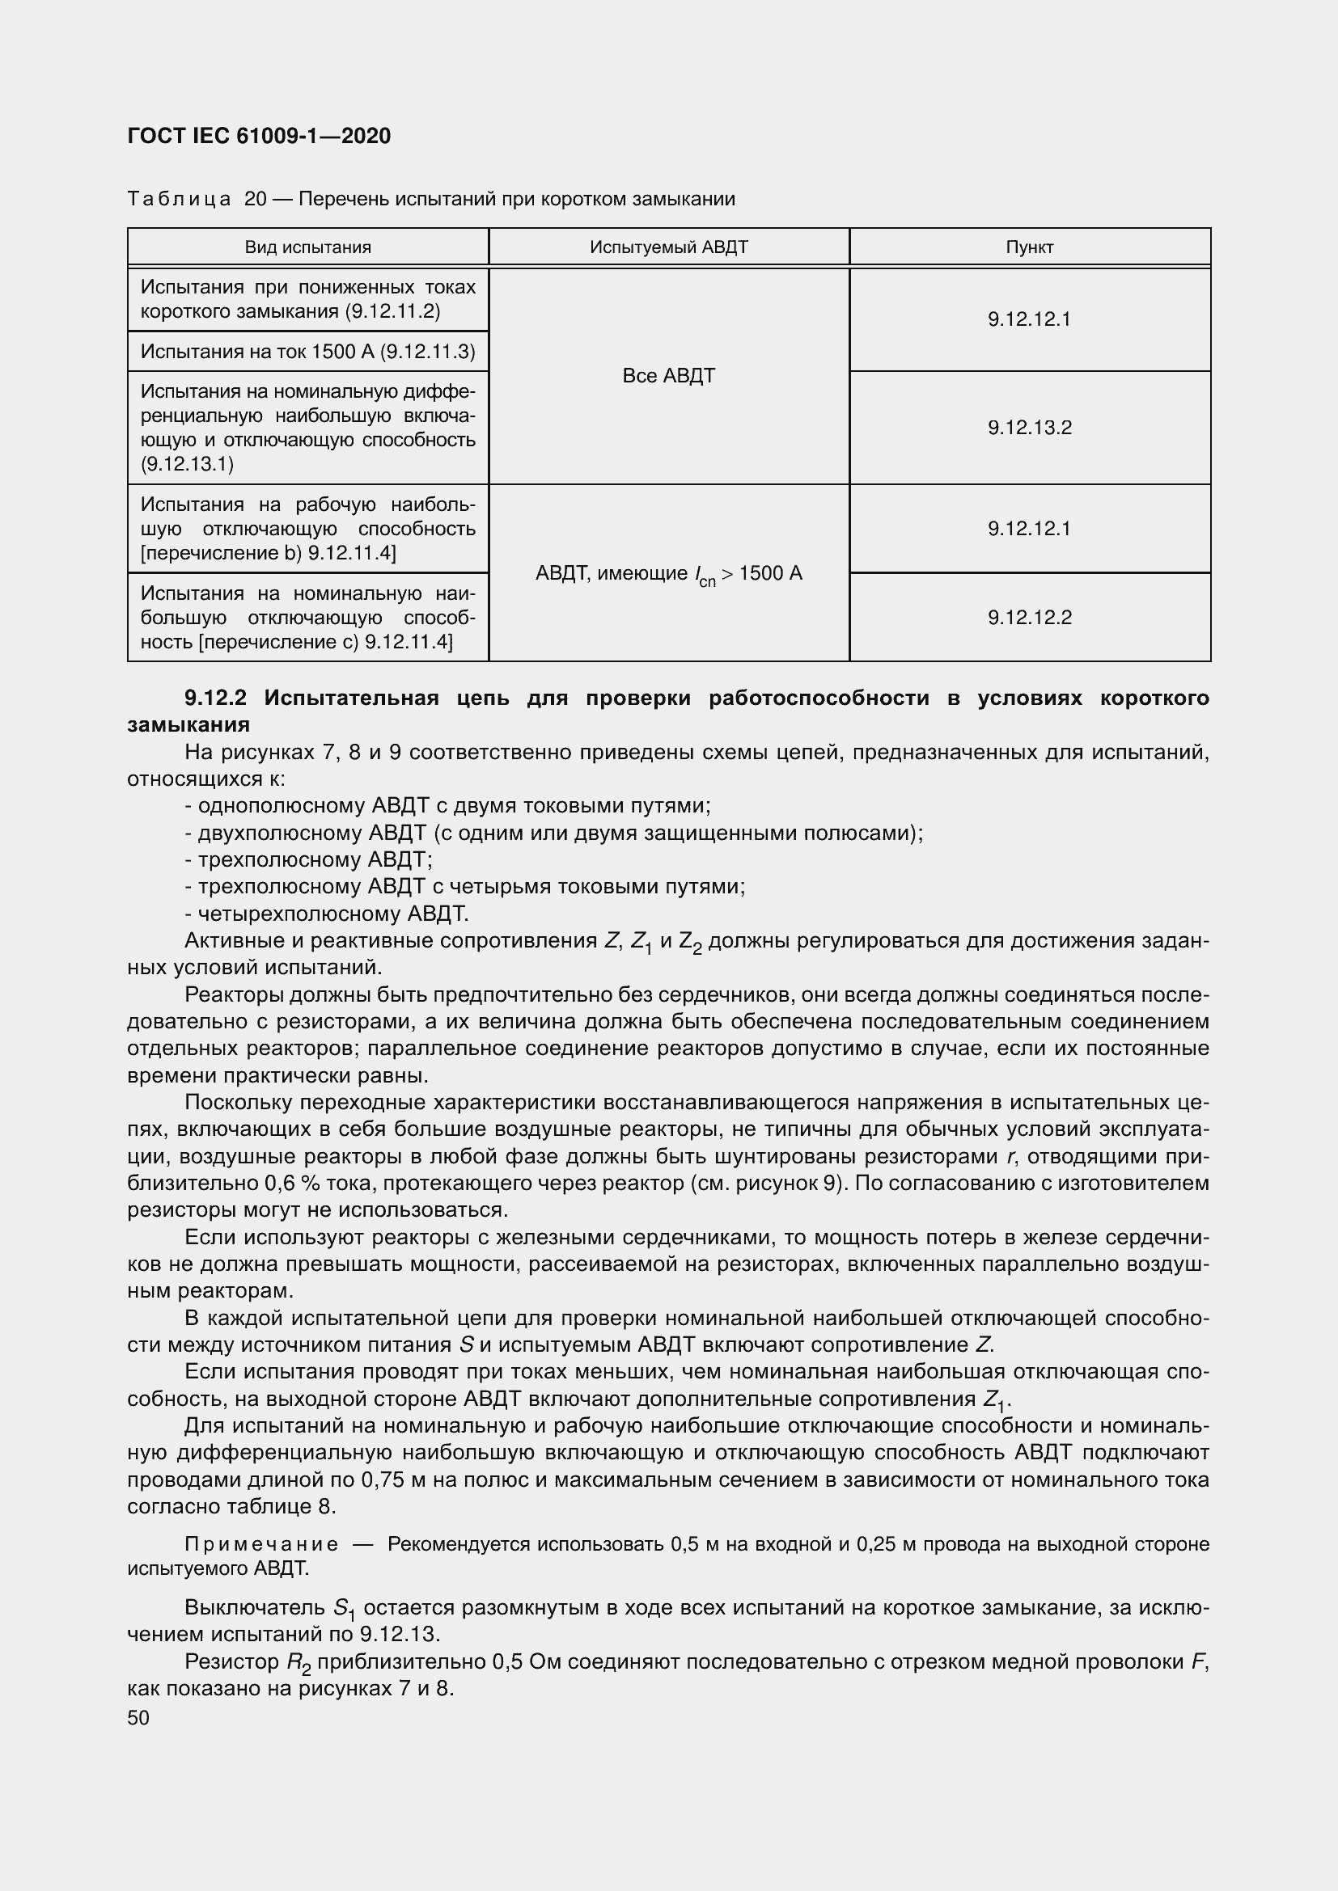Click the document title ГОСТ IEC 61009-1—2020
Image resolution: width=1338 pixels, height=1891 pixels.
pyautogui.click(x=259, y=137)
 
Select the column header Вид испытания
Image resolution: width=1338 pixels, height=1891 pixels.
pyautogui.click(x=307, y=247)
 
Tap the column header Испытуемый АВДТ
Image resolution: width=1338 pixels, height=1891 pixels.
pyautogui.click(x=668, y=247)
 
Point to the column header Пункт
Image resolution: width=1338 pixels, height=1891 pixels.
pyautogui.click(x=1029, y=247)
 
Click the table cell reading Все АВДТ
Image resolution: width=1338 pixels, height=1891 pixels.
pyautogui.click(x=668, y=376)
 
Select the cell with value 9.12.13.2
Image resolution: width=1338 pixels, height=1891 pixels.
pyautogui.click(x=1029, y=428)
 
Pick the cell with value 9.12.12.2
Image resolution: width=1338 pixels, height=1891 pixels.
pyautogui.click(x=1029, y=618)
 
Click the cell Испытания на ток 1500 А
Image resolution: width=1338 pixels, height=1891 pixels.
pyautogui.click(x=307, y=352)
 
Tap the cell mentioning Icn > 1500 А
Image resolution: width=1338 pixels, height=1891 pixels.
pyautogui.click(x=668, y=574)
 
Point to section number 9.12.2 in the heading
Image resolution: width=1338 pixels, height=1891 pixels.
pyautogui.click(x=215, y=699)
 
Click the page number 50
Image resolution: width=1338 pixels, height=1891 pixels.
pyautogui.click(x=138, y=1717)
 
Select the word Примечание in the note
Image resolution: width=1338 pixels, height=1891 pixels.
pyautogui.click(x=261, y=1543)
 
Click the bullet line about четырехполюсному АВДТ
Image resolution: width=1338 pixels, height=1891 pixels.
pyautogui.click(x=326, y=914)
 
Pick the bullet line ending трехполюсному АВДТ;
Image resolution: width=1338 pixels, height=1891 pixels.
pyautogui.click(x=309, y=860)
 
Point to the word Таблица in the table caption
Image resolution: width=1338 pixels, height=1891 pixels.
pyautogui.click(x=179, y=200)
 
